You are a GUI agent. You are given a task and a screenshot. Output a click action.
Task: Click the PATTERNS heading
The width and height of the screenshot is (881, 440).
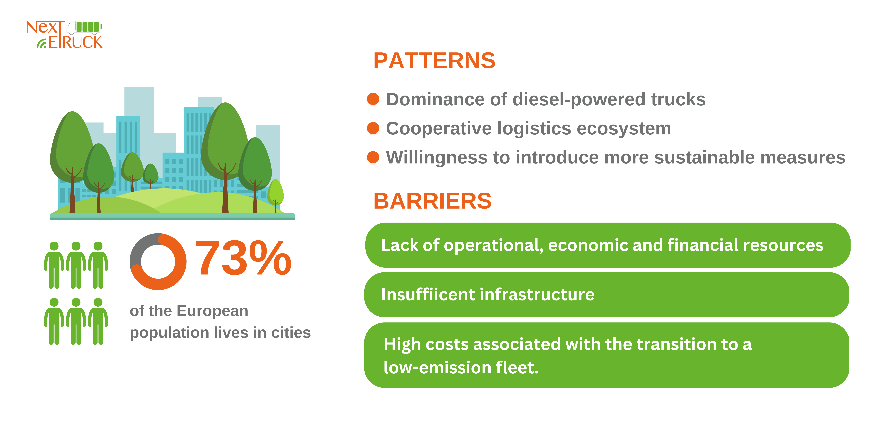(x=434, y=61)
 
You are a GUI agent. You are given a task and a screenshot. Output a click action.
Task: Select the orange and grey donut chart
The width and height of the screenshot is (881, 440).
(x=158, y=262)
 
